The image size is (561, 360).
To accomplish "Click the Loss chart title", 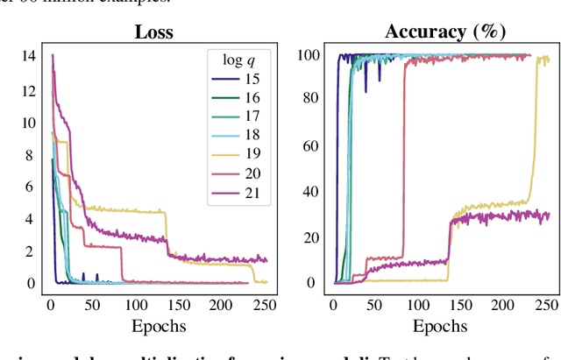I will pyautogui.click(x=153, y=32).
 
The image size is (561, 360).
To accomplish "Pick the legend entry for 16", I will pyautogui.click(x=240, y=98).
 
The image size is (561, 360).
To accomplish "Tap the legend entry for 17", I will pyautogui.click(x=240, y=117).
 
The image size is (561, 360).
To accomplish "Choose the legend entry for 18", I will pyautogui.click(x=240, y=137).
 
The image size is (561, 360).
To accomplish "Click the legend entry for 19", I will pyautogui.click(x=240, y=156).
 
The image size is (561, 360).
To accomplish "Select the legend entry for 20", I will pyautogui.click(x=240, y=174).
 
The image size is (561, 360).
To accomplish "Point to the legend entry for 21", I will pyautogui.click(x=240, y=194).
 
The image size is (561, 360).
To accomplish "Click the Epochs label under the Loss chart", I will pyautogui.click(x=159, y=326).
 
